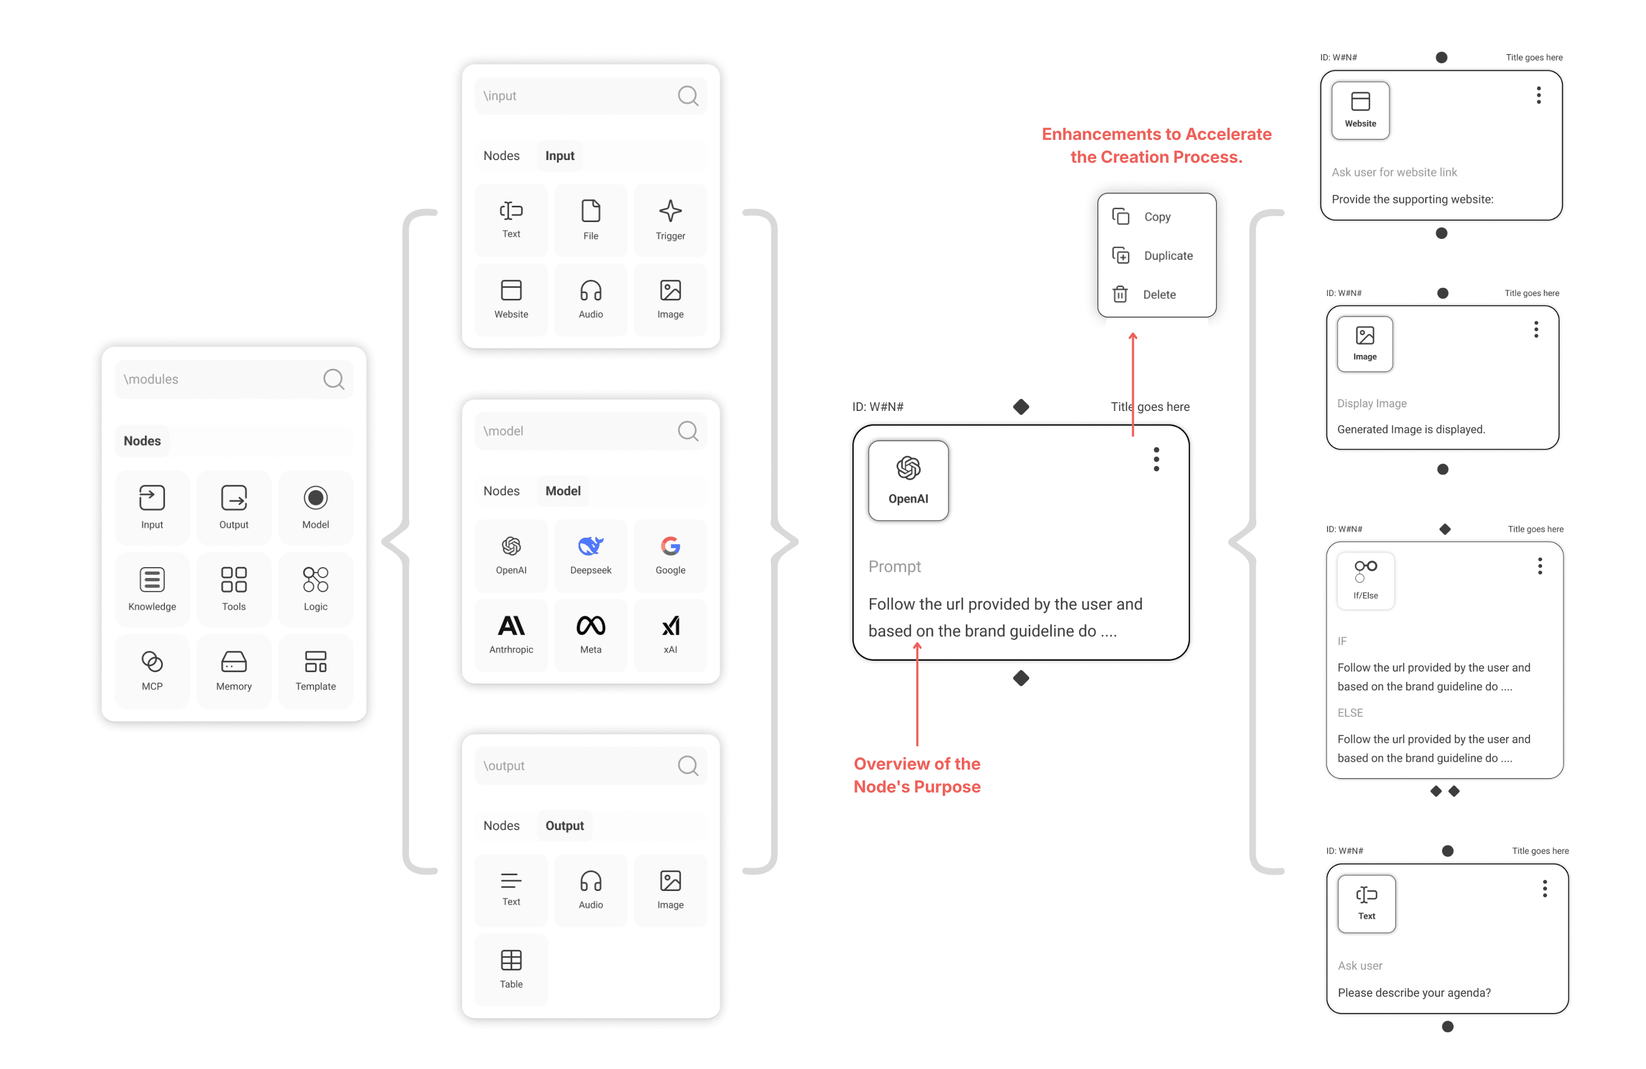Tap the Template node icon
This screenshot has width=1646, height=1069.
coord(315,662)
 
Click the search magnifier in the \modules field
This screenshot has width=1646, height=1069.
coord(333,379)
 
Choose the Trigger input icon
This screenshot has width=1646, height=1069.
coord(670,211)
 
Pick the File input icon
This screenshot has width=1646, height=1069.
coord(591,211)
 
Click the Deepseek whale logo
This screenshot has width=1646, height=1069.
coord(591,546)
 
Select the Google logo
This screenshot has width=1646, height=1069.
coord(670,546)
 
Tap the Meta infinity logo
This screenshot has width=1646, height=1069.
coord(591,626)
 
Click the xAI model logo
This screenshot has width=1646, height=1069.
coord(670,626)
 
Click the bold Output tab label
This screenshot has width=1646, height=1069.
coord(564,826)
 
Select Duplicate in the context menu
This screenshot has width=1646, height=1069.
coord(1168,256)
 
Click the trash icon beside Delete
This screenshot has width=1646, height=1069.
coord(1120,294)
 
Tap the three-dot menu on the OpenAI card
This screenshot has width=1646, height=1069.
coord(1156,459)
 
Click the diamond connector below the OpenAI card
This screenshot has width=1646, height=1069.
coord(1021,678)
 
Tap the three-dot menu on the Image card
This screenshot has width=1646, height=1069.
coord(1536,330)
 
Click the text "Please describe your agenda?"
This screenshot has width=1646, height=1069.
coord(1414,993)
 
